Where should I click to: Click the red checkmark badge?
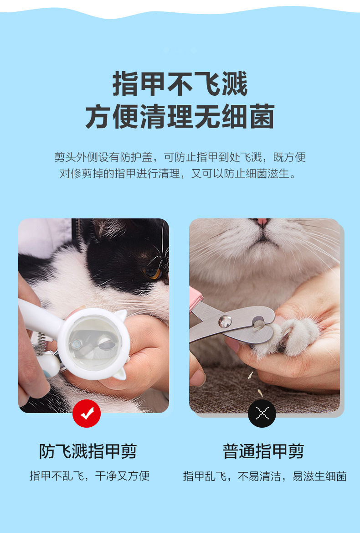click(x=87, y=414)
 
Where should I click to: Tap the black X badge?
click(x=262, y=414)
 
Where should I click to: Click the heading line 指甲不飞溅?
click(x=180, y=83)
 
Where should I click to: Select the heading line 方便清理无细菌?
click(x=180, y=117)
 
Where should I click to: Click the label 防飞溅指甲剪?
click(x=87, y=451)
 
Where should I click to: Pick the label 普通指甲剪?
click(x=263, y=451)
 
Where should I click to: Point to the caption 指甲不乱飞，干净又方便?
click(x=89, y=476)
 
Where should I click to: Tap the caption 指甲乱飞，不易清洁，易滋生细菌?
click(x=265, y=476)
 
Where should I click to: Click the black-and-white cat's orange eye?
click(x=152, y=272)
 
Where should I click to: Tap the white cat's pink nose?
click(x=262, y=222)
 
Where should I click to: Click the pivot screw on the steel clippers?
click(x=225, y=321)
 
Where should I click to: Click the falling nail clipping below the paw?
click(x=250, y=375)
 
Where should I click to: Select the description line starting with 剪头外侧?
click(x=180, y=157)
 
